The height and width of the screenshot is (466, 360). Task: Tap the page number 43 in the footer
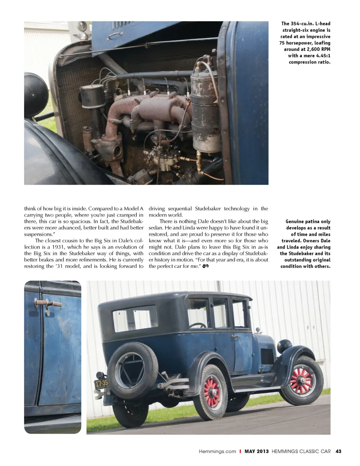[338, 451]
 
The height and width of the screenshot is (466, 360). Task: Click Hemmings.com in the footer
[217, 451]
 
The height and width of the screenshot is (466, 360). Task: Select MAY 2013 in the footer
[256, 451]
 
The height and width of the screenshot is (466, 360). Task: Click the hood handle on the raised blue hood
[115, 36]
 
